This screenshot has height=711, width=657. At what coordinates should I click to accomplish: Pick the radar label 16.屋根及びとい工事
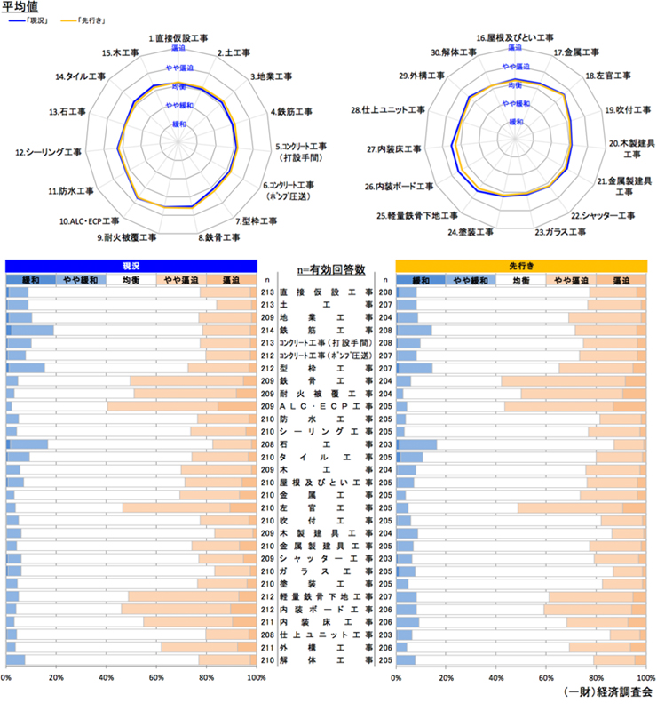pyautogui.click(x=515, y=39)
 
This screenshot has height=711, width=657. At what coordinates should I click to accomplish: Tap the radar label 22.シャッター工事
pyautogui.click(x=603, y=215)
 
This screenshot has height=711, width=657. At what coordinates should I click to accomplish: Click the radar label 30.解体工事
pyautogui.click(x=452, y=52)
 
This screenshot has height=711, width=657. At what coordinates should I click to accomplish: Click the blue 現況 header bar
pyautogui.click(x=131, y=266)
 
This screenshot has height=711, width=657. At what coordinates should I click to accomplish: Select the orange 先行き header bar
pyautogui.click(x=521, y=266)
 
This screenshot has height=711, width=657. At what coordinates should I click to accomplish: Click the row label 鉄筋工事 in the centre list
pyautogui.click(x=326, y=329)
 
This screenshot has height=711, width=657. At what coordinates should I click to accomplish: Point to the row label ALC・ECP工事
pyautogui.click(x=326, y=406)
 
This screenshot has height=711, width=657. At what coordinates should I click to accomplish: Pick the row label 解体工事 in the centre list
pyautogui.click(x=326, y=660)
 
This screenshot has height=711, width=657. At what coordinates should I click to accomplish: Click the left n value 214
pyautogui.click(x=266, y=329)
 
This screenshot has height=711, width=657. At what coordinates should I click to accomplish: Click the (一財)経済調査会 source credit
pyautogui.click(x=608, y=691)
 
